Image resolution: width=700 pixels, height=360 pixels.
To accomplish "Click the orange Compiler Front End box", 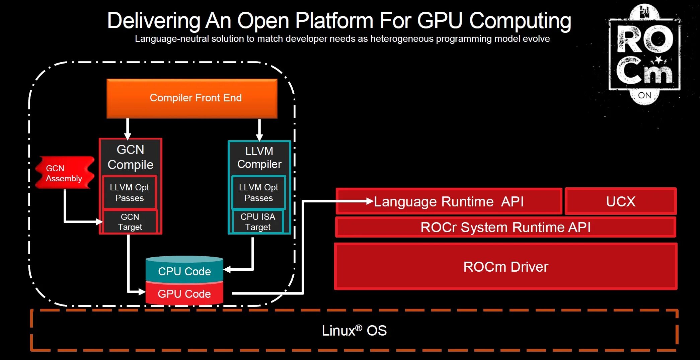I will point(192,98).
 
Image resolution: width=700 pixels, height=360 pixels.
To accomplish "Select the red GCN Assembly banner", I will point(64,173).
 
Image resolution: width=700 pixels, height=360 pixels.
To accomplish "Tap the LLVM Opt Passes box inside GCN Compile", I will point(129,193).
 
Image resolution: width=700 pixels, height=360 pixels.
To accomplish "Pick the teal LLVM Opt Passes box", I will point(258,193).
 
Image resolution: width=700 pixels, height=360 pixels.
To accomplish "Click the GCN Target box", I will point(130,222).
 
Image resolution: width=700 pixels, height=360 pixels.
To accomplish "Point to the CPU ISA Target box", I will point(258,222).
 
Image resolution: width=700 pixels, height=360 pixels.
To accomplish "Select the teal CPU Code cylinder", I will point(184,270).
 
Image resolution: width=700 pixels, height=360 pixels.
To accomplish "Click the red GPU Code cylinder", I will point(184,294).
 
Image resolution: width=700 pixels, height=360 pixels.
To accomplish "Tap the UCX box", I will point(621,201).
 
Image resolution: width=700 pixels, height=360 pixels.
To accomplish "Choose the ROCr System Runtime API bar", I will point(505,228).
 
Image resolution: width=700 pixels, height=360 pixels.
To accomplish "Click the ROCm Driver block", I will point(505,267).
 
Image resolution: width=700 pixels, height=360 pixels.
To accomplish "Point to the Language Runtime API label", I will point(449,202).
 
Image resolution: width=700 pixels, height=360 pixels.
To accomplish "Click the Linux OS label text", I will point(354,331).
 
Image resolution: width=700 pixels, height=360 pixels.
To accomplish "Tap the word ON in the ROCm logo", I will point(644,95).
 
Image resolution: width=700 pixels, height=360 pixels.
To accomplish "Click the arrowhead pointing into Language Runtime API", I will point(370,201).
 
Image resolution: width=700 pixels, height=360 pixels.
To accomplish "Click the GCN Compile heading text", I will point(130,157).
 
